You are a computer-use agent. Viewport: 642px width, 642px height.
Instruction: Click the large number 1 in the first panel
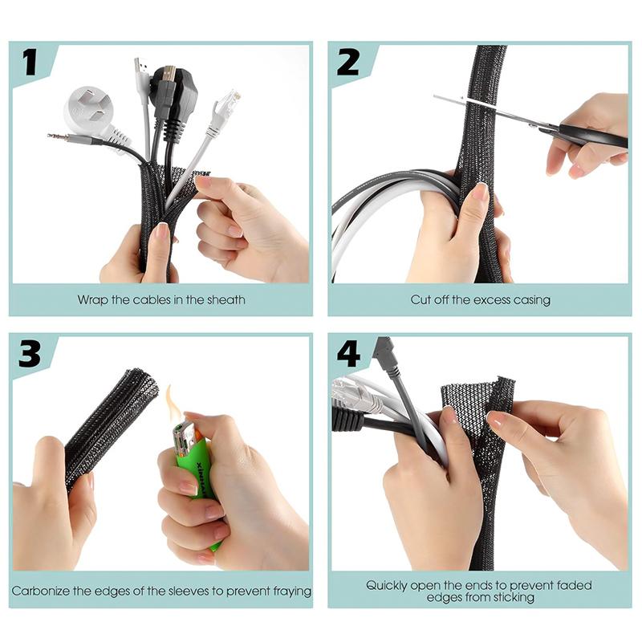30,63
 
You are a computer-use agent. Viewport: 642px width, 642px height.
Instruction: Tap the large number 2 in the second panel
348,63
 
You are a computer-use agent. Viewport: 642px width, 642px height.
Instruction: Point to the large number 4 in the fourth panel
348,354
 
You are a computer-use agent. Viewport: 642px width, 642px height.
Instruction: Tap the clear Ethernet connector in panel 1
226,104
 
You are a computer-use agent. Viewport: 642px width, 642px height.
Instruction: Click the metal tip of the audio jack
57,136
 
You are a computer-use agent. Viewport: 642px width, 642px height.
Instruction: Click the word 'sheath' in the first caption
226,299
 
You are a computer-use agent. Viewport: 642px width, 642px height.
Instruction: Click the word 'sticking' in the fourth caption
514,597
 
